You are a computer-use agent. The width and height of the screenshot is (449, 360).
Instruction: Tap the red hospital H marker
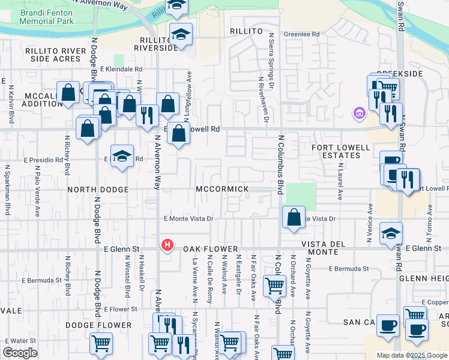pyautogui.click(x=167, y=245)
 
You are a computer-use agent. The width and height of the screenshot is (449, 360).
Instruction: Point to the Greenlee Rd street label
pyautogui.click(x=301, y=34)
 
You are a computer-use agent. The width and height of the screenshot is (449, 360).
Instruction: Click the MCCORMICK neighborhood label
pyautogui.click(x=222, y=189)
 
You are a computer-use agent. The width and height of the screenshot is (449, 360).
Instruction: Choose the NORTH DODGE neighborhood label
pyautogui.click(x=98, y=190)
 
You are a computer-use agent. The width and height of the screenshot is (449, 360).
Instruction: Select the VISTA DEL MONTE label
pyautogui.click(x=332, y=244)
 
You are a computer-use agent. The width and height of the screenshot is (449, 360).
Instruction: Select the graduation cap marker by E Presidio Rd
pyautogui.click(x=122, y=157)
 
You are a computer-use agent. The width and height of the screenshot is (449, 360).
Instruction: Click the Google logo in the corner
pyautogui.click(x=20, y=353)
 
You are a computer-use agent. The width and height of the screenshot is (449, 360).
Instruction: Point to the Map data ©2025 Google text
pyautogui.click(x=411, y=355)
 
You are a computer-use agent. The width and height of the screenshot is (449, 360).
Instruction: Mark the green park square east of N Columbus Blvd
pyautogui.click(x=301, y=196)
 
